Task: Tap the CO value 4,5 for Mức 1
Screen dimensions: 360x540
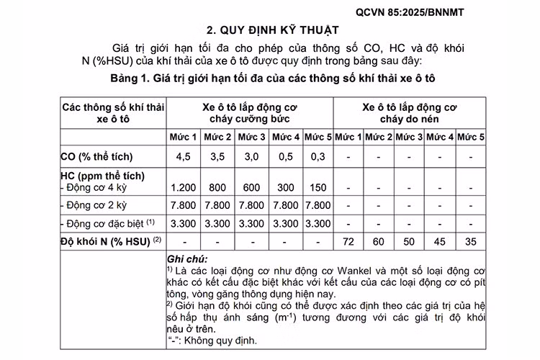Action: point(184,156)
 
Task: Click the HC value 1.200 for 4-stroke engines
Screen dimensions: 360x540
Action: point(184,187)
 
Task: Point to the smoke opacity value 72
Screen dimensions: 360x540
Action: point(350,241)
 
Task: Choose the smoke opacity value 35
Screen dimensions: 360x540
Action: point(471,241)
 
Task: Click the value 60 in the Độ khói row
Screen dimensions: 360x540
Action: point(379,241)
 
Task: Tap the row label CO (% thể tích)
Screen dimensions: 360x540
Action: point(97,156)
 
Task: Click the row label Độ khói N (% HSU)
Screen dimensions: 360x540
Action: point(108,240)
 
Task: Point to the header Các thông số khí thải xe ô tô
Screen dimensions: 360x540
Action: point(113,113)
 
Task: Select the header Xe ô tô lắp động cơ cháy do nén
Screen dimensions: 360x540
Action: point(410,113)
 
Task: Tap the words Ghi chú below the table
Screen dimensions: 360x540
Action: point(186,258)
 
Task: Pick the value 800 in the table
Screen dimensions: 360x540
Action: point(217,187)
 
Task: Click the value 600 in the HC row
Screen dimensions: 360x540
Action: point(253,187)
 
